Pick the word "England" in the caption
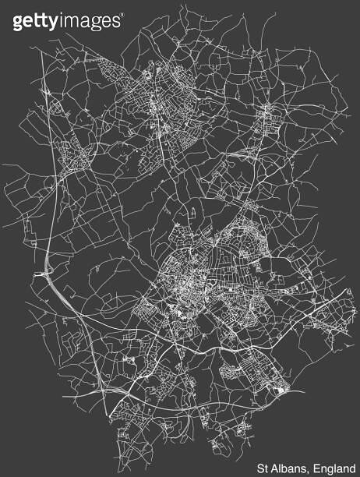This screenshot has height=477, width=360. click(336, 468)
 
